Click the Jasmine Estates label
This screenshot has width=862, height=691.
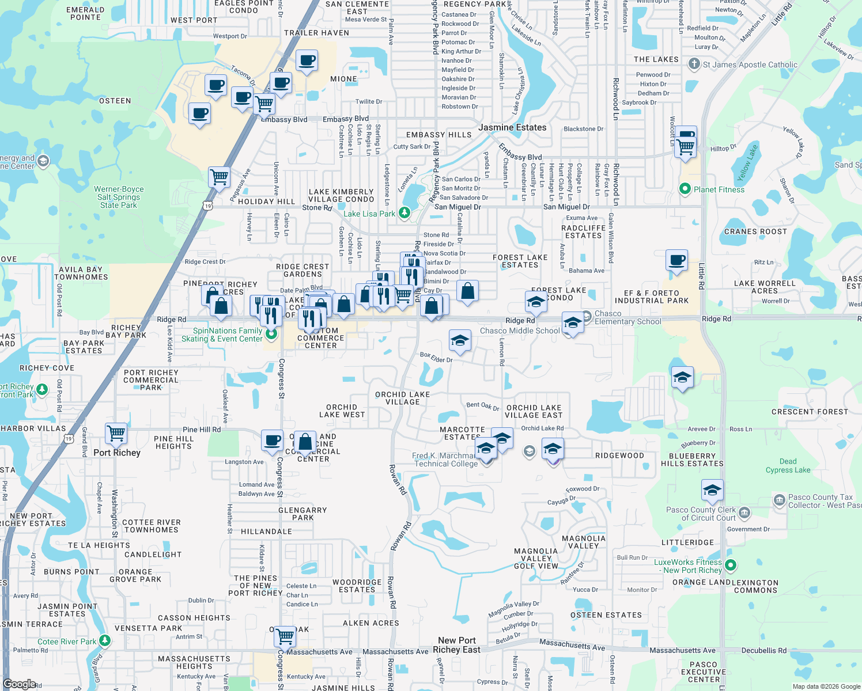pyautogui.click(x=512, y=127)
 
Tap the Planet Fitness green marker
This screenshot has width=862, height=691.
pyautogui.click(x=685, y=189)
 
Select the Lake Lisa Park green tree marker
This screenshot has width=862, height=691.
pyautogui.click(x=404, y=214)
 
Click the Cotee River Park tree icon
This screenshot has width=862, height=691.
pyautogui.click(x=104, y=640)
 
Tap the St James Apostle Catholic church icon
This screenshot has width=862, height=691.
pyautogui.click(x=694, y=64)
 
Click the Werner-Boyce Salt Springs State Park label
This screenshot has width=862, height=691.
pyautogui.click(x=119, y=197)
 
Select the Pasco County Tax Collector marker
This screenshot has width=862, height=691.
pyautogui.click(x=779, y=500)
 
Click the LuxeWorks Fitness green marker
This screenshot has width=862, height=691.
pyautogui.click(x=731, y=565)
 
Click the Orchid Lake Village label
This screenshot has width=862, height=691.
pyautogui.click(x=402, y=398)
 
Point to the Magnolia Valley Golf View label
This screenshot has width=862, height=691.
pyautogui.click(x=536, y=558)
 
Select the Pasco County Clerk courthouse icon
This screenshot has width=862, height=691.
pyautogui.click(x=744, y=512)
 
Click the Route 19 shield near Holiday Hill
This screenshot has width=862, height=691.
pyautogui.click(x=207, y=206)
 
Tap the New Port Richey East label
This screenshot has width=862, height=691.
pyautogui.click(x=456, y=645)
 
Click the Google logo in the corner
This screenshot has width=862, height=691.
pyautogui.click(x=19, y=684)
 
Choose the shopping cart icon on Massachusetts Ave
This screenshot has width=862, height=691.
pyautogui.click(x=285, y=636)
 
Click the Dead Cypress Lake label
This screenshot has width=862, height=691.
pyautogui.click(x=788, y=465)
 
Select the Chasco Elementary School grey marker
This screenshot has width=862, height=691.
pyautogui.click(x=587, y=316)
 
